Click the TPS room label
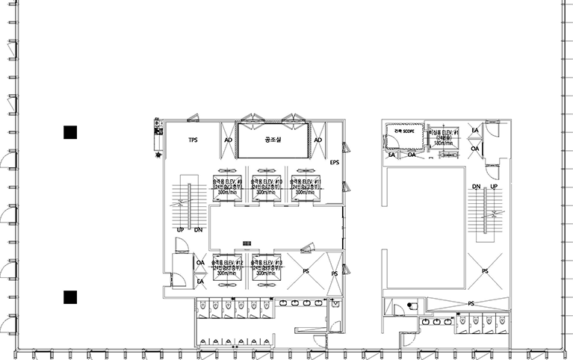coord(192,140)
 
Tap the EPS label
coord(334,162)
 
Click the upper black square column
coord(70,133)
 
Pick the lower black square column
coord(70,297)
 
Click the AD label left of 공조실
coord(228,140)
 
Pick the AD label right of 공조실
coord(318,140)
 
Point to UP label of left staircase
coord(180,230)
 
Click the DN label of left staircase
coord(198,230)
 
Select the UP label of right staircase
coord(493,186)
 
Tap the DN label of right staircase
coord(476,186)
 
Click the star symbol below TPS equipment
coord(158,155)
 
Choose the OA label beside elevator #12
coord(200,263)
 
